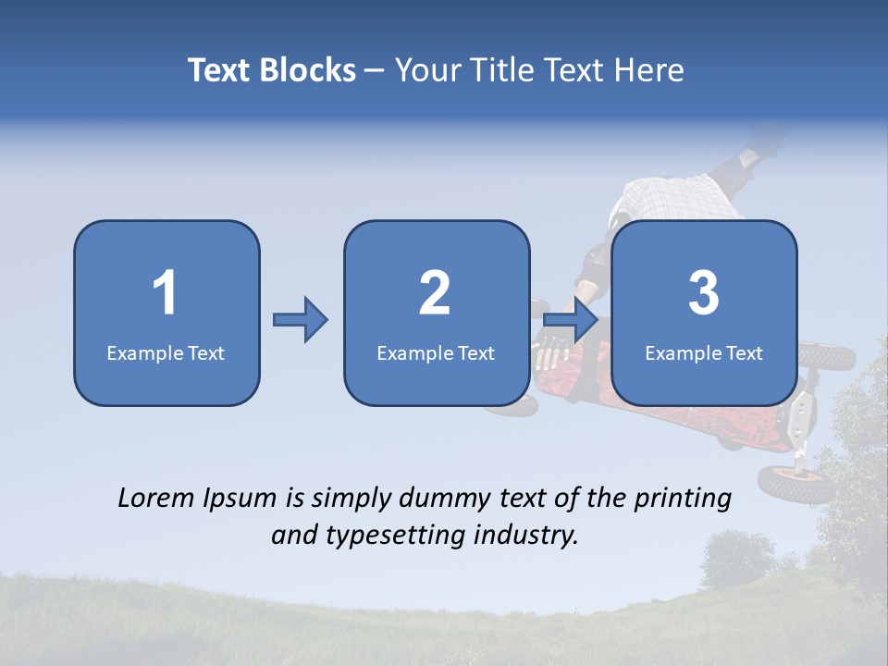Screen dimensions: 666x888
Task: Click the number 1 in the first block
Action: pos(166,293)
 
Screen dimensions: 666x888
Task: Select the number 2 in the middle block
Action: pos(435,293)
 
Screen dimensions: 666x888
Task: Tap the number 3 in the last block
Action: pos(704,293)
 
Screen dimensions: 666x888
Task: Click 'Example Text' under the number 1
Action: pos(166,352)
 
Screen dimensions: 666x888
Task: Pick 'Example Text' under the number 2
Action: pos(436,352)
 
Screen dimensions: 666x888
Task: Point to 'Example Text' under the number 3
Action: pos(704,352)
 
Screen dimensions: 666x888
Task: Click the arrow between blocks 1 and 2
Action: pos(301,320)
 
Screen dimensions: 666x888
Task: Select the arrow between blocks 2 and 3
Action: pos(570,320)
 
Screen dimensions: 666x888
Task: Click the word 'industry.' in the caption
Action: pos(530,535)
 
